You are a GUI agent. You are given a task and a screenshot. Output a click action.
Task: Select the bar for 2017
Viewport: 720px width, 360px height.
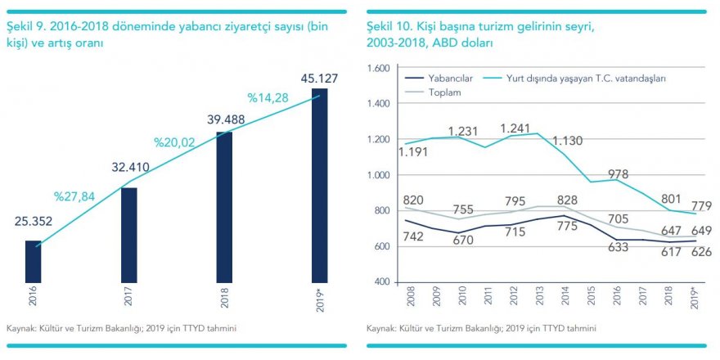[128, 235]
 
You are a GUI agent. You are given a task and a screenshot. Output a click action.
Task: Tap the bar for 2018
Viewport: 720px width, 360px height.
[224, 207]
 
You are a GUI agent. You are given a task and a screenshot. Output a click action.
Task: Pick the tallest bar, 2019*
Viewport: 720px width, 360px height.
[319, 186]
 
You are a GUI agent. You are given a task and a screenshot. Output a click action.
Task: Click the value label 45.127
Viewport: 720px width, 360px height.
[319, 79]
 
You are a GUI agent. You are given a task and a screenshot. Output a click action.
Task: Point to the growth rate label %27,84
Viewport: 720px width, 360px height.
[74, 196]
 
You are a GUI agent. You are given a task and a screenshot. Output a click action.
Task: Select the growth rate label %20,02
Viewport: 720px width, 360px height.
[173, 142]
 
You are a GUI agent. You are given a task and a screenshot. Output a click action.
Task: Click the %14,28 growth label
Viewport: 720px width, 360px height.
[270, 99]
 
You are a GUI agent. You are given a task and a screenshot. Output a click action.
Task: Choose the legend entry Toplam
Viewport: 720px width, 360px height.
[446, 92]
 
